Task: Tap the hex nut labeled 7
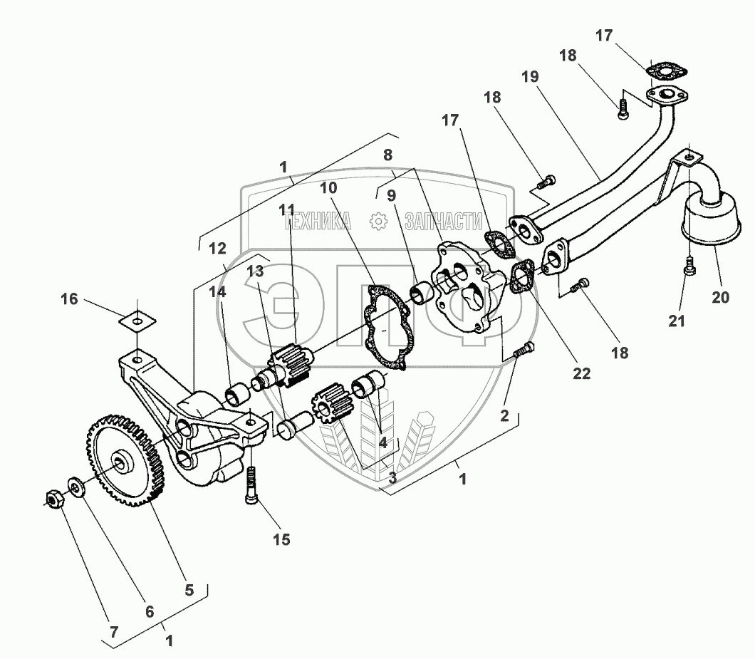[x=54, y=498]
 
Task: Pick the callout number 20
[x=720, y=297]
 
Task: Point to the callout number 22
[x=581, y=373]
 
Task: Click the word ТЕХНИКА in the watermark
[x=318, y=222]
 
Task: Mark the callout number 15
[x=281, y=539]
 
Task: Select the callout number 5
[x=188, y=589]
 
